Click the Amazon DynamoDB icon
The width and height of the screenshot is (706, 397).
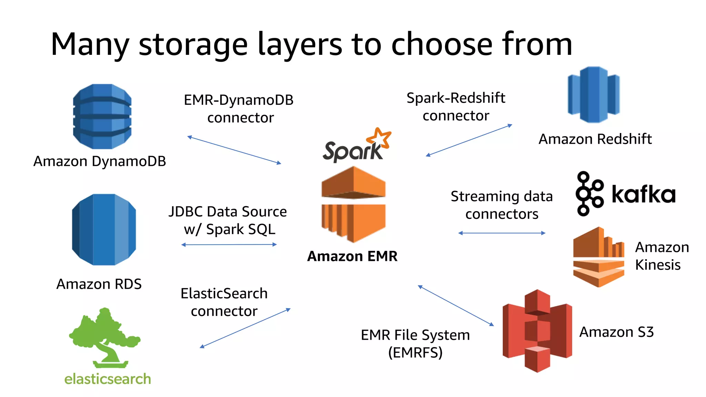102,116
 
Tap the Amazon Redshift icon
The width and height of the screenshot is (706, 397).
594,95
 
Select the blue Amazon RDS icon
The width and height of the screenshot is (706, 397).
104,230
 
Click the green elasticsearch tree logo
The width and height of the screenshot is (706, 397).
104,338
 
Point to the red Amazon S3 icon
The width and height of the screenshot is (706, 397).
537,331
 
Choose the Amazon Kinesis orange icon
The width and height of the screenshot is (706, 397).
598,257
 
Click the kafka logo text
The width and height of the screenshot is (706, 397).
643,194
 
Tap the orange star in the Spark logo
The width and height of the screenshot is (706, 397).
379,138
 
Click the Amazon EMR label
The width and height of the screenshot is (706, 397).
352,256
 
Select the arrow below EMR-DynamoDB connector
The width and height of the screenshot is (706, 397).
234,150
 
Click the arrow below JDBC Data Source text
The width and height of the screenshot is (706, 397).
229,245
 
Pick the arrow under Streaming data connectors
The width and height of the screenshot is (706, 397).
502,233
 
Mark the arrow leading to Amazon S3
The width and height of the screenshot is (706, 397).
456,305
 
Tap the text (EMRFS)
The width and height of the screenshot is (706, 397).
415,353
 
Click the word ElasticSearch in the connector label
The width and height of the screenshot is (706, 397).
224,294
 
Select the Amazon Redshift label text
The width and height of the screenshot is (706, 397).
595,139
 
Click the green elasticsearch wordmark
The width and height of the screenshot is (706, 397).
108,379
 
